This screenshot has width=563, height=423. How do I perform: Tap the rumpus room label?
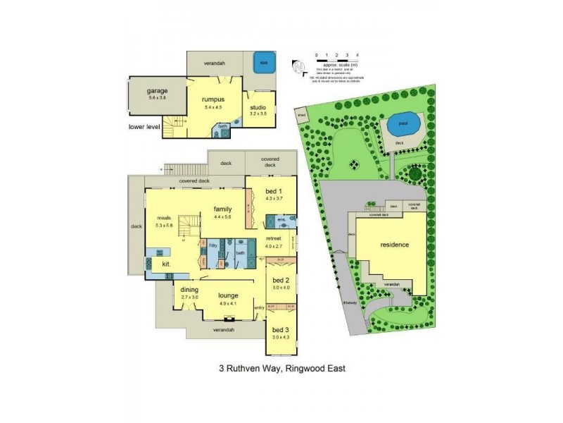[x=213, y=99]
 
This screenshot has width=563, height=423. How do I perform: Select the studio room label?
[x=258, y=106]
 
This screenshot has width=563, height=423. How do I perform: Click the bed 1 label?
[x=274, y=192]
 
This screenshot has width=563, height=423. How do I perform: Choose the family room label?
[x=224, y=209]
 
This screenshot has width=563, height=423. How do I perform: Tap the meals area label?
[x=165, y=218]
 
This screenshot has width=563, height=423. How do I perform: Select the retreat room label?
[x=274, y=239]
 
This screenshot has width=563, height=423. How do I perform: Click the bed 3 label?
[x=280, y=330]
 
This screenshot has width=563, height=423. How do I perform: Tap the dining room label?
[x=189, y=290]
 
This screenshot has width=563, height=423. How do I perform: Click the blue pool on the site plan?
[x=402, y=125]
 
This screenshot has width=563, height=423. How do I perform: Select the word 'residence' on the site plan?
[x=394, y=245]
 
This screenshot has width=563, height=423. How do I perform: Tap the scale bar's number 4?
[x=358, y=54]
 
